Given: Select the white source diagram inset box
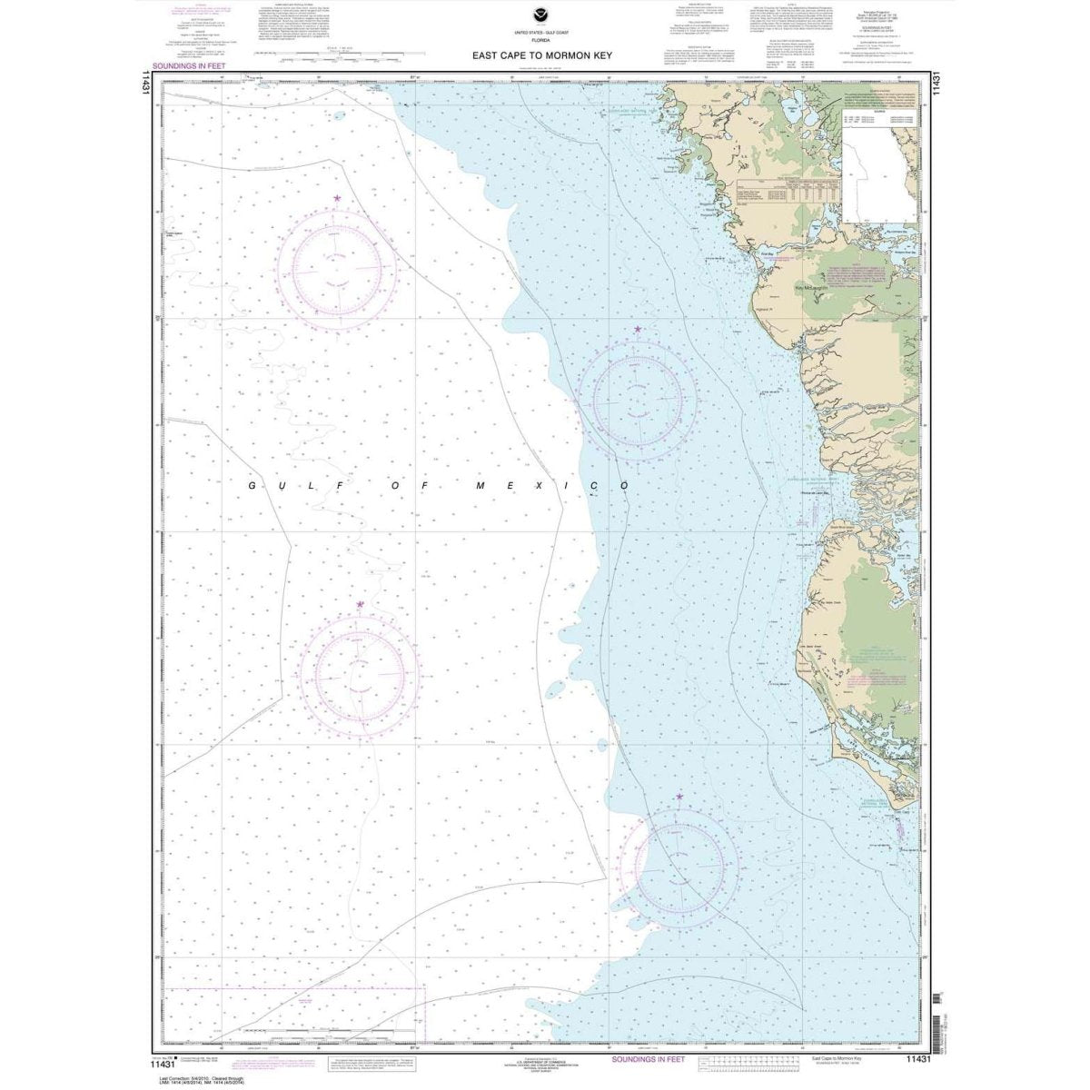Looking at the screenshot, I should point(881,173).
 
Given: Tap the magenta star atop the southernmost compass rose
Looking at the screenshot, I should point(679,797).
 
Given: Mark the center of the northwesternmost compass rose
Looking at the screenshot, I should point(337,269).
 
